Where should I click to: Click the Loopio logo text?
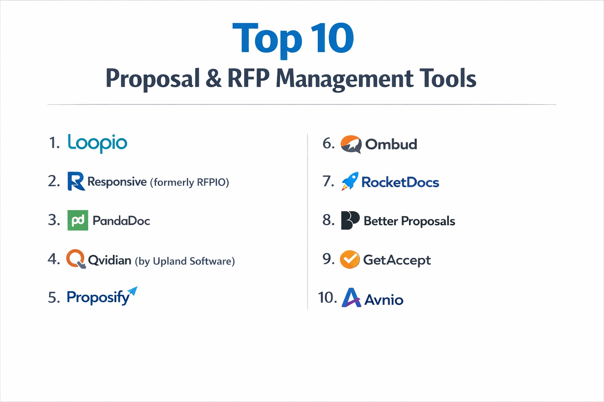click(98, 143)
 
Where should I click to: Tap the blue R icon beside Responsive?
click(76, 181)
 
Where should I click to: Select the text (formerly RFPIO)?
click(189, 182)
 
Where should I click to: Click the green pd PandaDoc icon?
click(78, 220)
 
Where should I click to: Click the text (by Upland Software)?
click(185, 261)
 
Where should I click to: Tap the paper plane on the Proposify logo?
click(133, 291)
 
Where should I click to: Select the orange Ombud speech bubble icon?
click(351, 144)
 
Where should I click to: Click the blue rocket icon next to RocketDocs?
click(350, 181)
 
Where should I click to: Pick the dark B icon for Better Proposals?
click(350, 220)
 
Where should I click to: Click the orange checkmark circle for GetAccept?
click(350, 259)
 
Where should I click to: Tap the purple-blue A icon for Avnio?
click(351, 298)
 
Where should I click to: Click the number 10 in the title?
click(332, 38)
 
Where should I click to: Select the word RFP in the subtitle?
click(249, 78)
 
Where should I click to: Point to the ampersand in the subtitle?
click(214, 78)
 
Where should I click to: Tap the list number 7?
click(328, 181)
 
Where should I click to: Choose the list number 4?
click(53, 259)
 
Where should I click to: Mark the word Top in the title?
click(267, 39)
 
